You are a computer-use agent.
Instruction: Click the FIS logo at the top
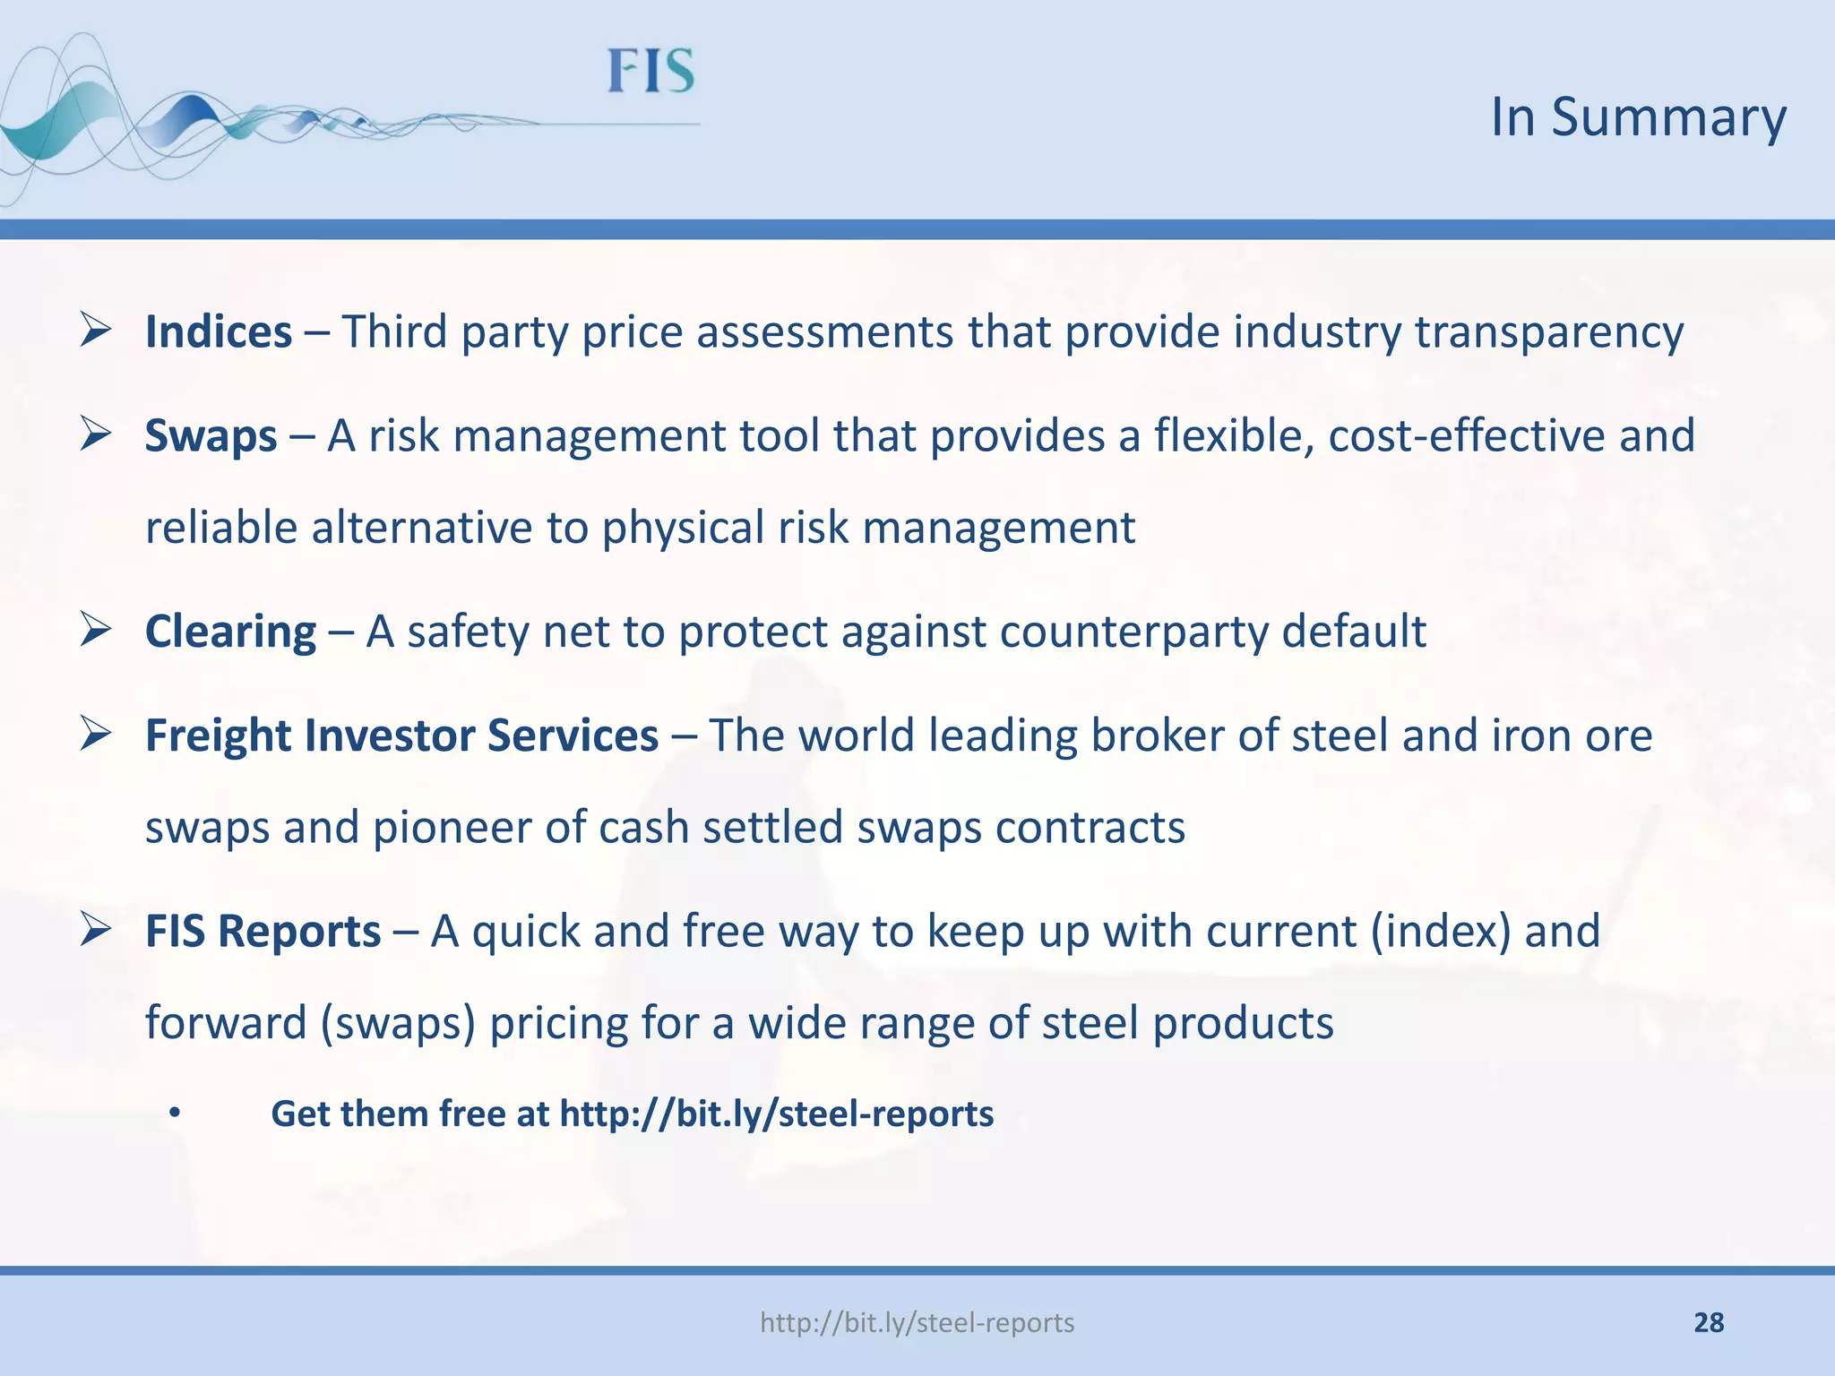pyautogui.click(x=651, y=72)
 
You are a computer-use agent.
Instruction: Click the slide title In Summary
pyautogui.click(x=1638, y=116)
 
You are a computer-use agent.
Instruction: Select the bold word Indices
pyautogui.click(x=219, y=332)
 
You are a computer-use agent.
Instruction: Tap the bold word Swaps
pyautogui.click(x=211, y=436)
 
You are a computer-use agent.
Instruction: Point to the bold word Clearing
pyautogui.click(x=230, y=632)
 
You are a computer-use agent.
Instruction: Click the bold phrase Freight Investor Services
pyautogui.click(x=401, y=735)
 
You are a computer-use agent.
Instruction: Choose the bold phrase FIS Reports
pyautogui.click(x=263, y=931)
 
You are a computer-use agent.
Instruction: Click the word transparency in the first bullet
pyautogui.click(x=1549, y=332)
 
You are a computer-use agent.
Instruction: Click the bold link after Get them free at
pyautogui.click(x=776, y=1114)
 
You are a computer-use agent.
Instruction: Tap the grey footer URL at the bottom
pyautogui.click(x=917, y=1322)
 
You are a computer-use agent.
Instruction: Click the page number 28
pyautogui.click(x=1709, y=1322)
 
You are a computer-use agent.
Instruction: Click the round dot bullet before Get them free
pyautogui.click(x=175, y=1114)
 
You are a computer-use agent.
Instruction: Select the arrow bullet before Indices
pyautogui.click(x=95, y=331)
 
